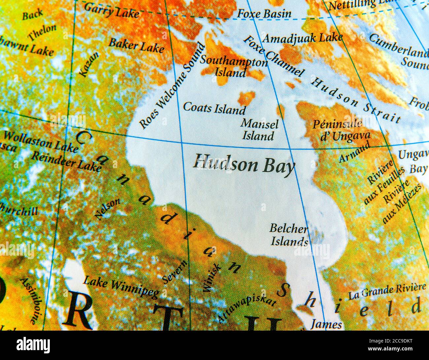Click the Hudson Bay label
[x=244, y=164]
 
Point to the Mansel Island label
[x=259, y=130]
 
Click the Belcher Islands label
[x=289, y=235]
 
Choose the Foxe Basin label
[x=264, y=14]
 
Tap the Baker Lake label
[x=136, y=45]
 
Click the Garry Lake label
[x=112, y=10]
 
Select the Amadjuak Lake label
[x=302, y=38]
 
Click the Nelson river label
[x=108, y=209]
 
